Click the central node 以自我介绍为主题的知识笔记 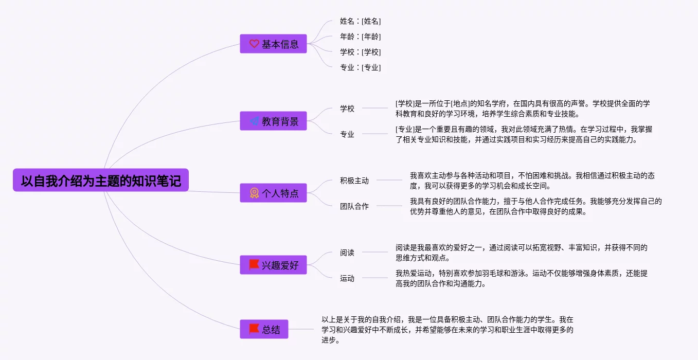tap(101, 181)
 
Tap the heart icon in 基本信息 tap(254, 44)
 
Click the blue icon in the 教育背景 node tap(254, 121)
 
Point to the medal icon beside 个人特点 tap(254, 193)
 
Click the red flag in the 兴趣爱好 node tap(254, 265)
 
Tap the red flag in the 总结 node tap(254, 329)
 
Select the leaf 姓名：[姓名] tap(360, 21)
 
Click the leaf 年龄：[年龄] tap(360, 37)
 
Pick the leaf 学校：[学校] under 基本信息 tap(360, 52)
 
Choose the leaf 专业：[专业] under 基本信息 tap(360, 67)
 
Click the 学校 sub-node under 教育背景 tap(347, 109)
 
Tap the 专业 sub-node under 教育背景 tap(347, 134)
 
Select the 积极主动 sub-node tap(354, 181)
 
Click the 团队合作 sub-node tap(354, 206)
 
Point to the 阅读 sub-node tap(347, 253)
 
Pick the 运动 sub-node tap(347, 278)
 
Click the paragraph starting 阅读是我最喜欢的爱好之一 tap(521, 253)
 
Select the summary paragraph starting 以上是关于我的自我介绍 tap(448, 330)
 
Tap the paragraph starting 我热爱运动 tap(521, 278)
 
